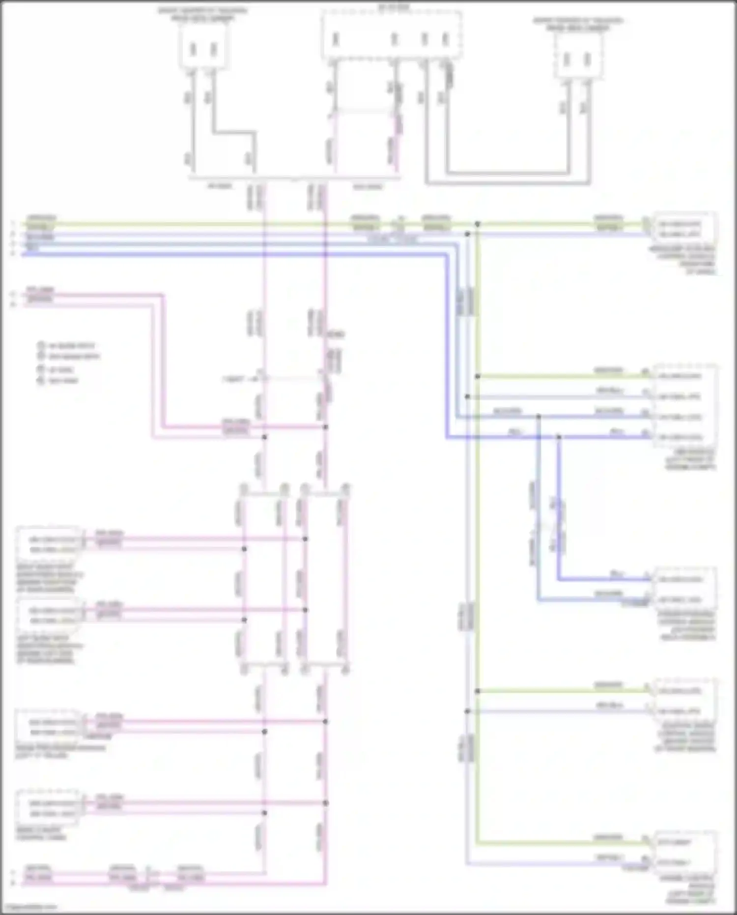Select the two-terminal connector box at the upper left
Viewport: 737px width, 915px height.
coord(203,45)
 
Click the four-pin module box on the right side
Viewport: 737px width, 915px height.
coord(684,406)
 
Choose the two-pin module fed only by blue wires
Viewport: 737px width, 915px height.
coord(684,589)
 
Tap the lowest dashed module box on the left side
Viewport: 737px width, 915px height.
coord(48,808)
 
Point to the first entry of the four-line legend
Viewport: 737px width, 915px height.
coord(69,346)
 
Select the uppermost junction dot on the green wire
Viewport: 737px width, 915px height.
coord(477,224)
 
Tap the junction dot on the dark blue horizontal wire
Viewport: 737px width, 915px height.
coord(559,437)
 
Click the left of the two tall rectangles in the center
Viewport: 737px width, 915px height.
coord(264,578)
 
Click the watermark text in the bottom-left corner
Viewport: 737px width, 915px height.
coord(29,906)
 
